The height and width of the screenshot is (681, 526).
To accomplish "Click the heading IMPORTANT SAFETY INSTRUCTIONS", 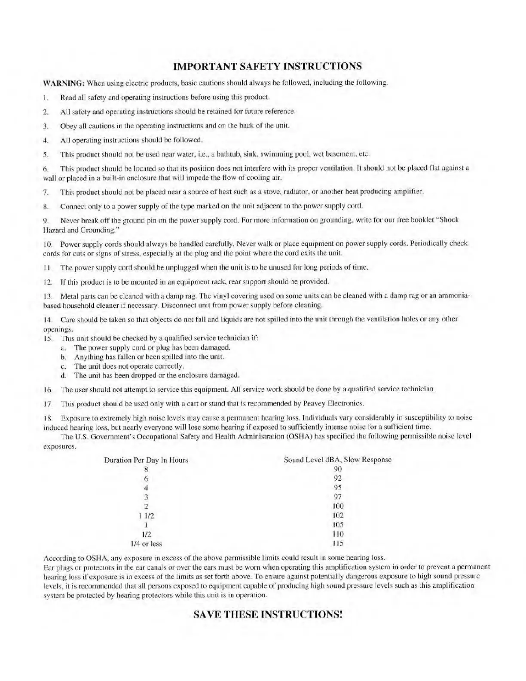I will (x=267, y=66).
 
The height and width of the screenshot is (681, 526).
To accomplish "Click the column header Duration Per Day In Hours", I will (x=146, y=460).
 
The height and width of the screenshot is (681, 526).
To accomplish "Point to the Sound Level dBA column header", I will (x=338, y=460).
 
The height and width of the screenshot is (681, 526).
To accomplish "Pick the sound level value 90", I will (x=338, y=469).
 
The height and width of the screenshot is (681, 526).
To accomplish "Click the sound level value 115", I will (x=338, y=543).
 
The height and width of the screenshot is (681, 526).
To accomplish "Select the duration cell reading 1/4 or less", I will (x=146, y=543).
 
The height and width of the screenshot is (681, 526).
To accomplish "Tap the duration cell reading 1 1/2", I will (x=146, y=515).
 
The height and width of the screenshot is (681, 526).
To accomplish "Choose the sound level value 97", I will (x=338, y=497).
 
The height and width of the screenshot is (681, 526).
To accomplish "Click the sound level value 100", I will (x=338, y=506).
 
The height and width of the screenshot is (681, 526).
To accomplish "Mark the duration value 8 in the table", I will (x=146, y=469).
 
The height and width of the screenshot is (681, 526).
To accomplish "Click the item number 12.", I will (x=48, y=282).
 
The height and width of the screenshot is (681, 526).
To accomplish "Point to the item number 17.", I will (x=48, y=404).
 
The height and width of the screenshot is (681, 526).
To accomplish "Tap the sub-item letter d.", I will (x=63, y=375).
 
